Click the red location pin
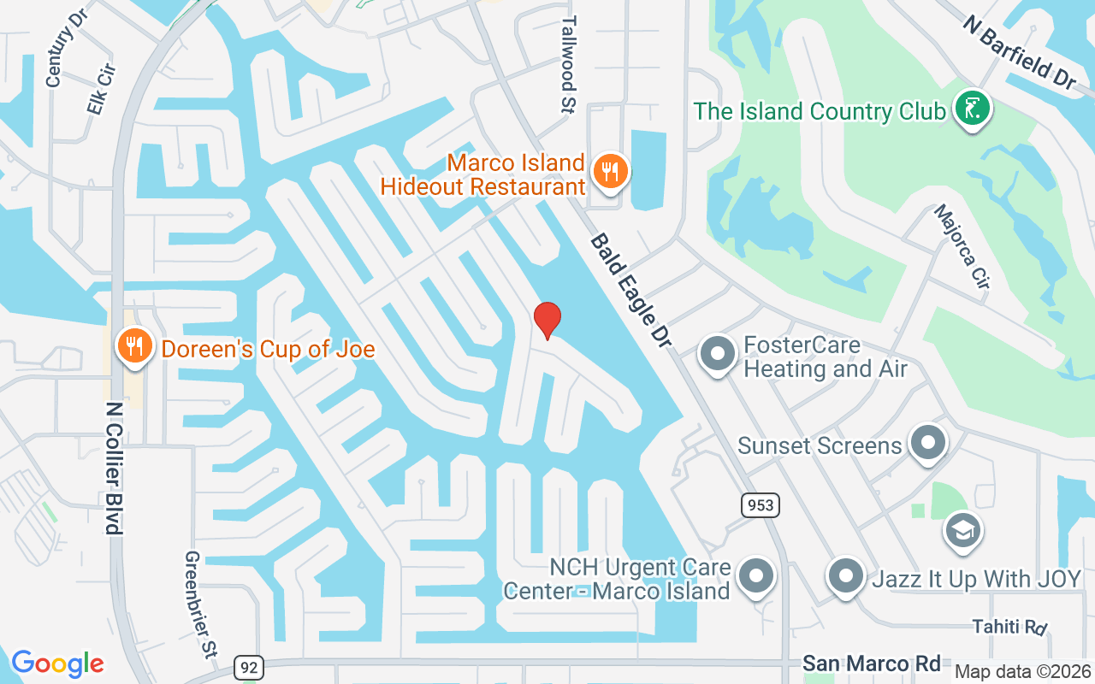[x=547, y=320]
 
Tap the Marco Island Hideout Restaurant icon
[x=609, y=171]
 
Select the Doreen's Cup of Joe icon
[x=133, y=346]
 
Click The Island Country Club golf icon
[x=972, y=109]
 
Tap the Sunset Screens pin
[x=927, y=443]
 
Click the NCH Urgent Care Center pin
[x=756, y=576]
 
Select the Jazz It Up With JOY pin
[x=846, y=576]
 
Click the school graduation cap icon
[x=962, y=530]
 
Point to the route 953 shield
[x=760, y=505]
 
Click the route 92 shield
[x=248, y=667]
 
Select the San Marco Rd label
[x=871, y=663]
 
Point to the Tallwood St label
[x=569, y=64]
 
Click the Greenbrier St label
[x=197, y=604]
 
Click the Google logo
[x=57, y=663]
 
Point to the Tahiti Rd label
[x=1009, y=627]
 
